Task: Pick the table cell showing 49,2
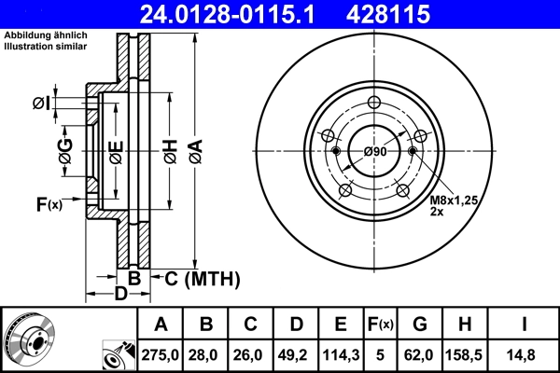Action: (296, 354)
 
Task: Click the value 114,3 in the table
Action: (341, 354)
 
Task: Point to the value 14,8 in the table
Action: (525, 354)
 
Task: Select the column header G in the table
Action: (420, 325)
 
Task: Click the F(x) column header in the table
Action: (380, 325)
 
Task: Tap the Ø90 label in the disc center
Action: (375, 151)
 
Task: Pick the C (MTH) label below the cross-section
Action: (203, 278)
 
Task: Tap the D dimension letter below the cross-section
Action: (119, 296)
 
